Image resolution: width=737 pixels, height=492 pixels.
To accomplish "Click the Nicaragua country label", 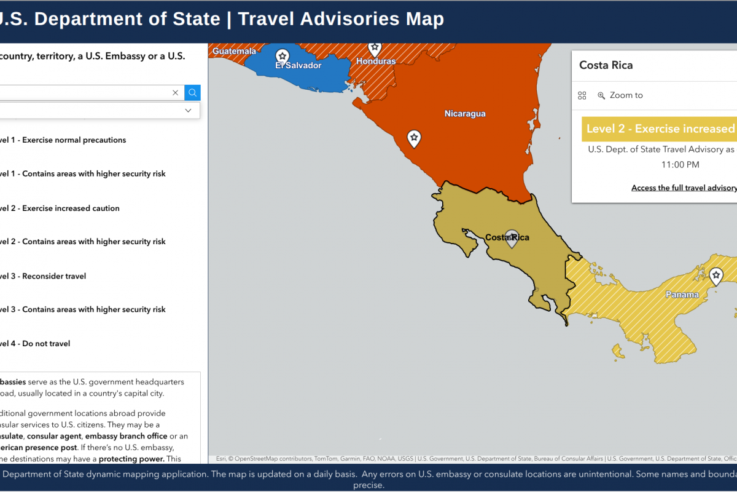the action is (465, 114).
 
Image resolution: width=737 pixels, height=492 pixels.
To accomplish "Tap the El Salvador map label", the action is (298, 65).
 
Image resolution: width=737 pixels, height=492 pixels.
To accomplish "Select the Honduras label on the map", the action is (376, 61).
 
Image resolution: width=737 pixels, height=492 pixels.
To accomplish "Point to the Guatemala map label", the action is (234, 52).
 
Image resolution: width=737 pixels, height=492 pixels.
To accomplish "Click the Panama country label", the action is (682, 295).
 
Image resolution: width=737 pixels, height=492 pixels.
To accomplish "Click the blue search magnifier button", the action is (192, 93).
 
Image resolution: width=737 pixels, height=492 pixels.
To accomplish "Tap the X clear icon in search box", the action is (175, 93).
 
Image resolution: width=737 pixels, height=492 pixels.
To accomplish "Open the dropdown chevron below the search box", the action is (188, 110).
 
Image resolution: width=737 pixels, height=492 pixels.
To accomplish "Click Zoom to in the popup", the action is (626, 95).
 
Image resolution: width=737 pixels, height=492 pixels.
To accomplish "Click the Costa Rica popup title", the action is (606, 65).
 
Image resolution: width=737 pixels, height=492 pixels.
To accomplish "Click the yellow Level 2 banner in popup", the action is (659, 129).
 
